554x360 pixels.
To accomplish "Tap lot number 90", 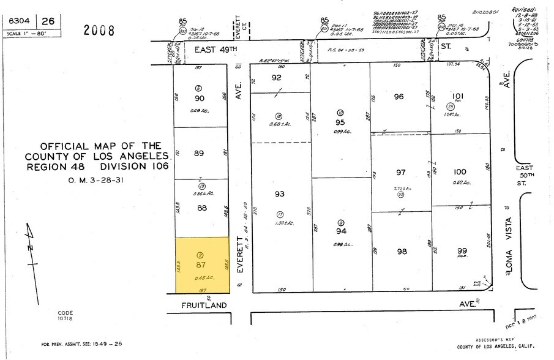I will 200,99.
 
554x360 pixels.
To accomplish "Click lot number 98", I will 401,252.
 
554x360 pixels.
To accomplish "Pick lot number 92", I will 277,78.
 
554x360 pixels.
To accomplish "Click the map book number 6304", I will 21,21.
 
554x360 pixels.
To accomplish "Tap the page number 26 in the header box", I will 48,21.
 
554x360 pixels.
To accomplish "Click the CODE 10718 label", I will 66,316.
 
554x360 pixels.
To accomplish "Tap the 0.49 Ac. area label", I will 200,111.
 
